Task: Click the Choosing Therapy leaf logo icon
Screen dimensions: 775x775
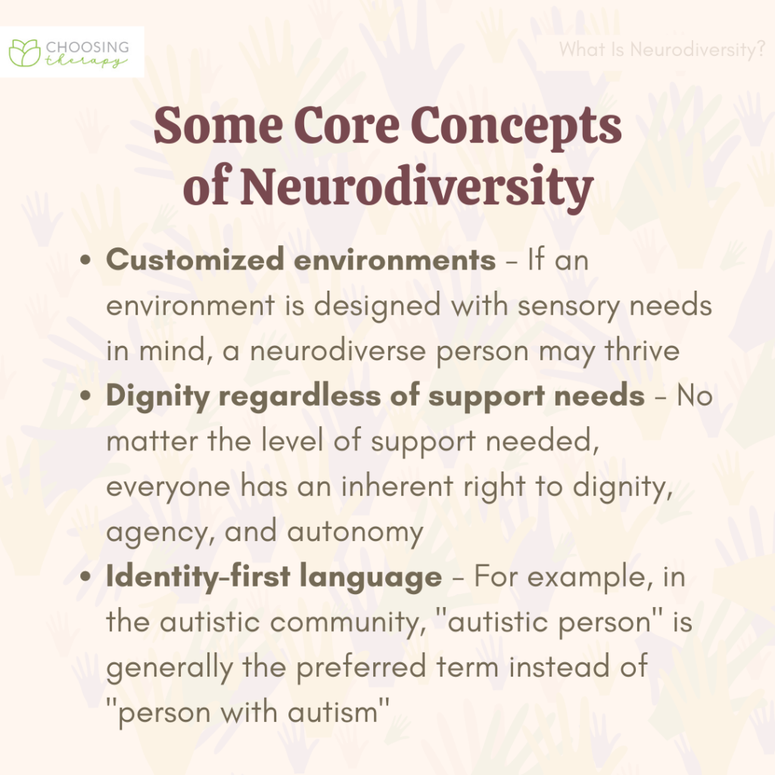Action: (x=25, y=52)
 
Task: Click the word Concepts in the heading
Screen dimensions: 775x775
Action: (x=522, y=127)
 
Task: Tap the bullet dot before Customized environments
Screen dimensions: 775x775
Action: (x=89, y=261)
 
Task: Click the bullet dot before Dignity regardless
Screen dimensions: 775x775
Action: (x=89, y=397)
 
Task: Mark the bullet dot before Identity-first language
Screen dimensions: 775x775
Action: (x=89, y=578)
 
